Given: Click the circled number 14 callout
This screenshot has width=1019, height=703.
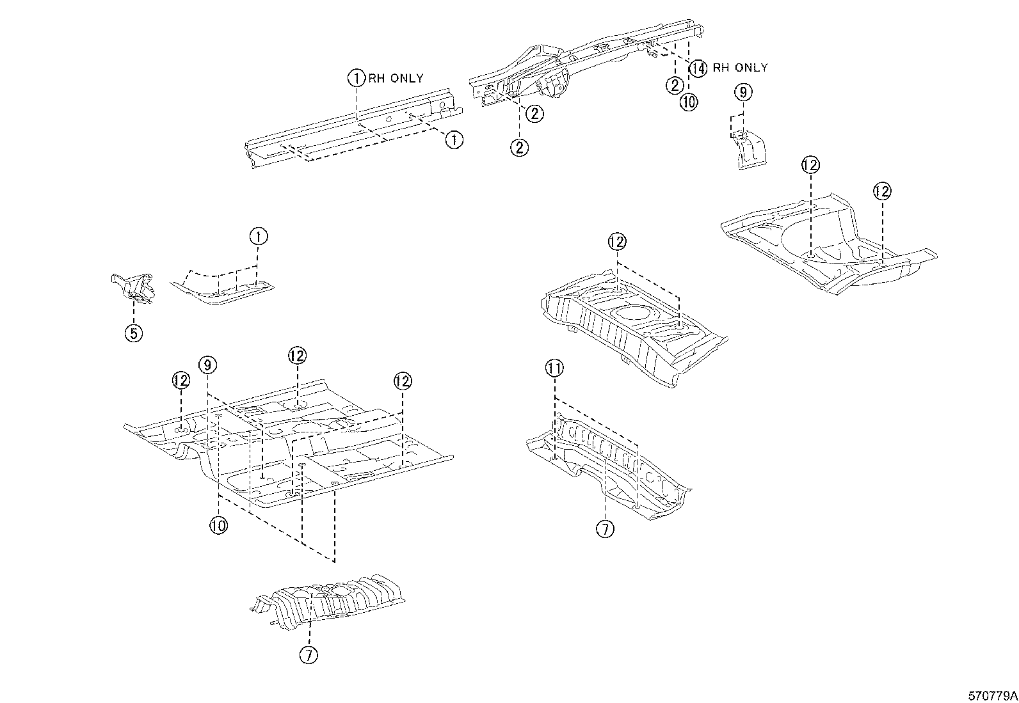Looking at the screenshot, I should (x=698, y=68).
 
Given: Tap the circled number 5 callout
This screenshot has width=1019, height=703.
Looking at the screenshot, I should (x=134, y=333).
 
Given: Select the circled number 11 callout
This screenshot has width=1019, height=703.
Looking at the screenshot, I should (x=554, y=368).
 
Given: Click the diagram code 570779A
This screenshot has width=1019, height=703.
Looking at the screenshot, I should (x=991, y=695).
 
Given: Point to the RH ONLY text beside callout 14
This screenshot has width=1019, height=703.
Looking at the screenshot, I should (x=740, y=68).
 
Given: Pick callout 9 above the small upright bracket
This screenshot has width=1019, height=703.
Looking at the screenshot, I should (x=742, y=93).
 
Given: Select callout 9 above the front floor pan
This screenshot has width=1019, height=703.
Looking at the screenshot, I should (x=207, y=365).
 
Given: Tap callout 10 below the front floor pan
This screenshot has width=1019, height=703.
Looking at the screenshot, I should (x=218, y=525).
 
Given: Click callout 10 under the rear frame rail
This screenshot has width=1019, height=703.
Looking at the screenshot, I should (x=688, y=102).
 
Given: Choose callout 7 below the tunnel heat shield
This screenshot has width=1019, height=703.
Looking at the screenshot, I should (x=309, y=654).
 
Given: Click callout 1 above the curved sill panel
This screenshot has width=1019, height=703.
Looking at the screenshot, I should (x=258, y=237).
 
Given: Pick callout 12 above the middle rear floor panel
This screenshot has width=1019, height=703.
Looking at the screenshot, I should (x=617, y=242).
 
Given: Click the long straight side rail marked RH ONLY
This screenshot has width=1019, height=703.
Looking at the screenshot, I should (x=352, y=128).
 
